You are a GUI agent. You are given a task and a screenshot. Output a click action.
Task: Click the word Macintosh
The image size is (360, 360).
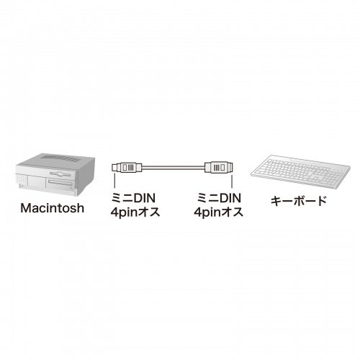pyautogui.click(x=53, y=208)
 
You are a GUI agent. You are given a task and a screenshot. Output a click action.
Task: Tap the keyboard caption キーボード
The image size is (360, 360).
pyautogui.click(x=299, y=201)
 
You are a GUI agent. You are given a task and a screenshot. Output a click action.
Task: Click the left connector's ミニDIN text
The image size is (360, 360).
pyautogui.click(x=133, y=198)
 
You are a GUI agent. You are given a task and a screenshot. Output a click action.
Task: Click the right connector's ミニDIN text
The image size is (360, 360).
pyautogui.click(x=219, y=198)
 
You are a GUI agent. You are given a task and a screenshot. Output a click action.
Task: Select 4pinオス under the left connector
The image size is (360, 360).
pyautogui.click(x=135, y=212)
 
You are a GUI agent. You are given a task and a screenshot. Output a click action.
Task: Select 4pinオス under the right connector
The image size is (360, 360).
pyautogui.click(x=218, y=212)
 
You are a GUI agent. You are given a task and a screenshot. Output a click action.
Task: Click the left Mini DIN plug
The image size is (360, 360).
pyautogui.click(x=127, y=167)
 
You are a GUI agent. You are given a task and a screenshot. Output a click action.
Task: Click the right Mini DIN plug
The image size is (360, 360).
pyautogui.click(x=219, y=167)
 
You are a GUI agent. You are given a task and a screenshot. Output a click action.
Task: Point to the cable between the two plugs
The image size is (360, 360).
pyautogui.click(x=174, y=167)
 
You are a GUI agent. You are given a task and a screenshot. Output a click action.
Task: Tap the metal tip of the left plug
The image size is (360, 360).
pyautogui.click(x=115, y=167)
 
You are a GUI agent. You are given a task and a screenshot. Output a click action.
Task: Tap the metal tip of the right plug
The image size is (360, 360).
pyautogui.click(x=230, y=167)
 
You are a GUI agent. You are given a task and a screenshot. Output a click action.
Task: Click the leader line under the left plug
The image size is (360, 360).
pyautogui.click(x=114, y=181)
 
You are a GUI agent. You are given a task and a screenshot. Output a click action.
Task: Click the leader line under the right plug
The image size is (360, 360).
pyautogui.click(x=232, y=181)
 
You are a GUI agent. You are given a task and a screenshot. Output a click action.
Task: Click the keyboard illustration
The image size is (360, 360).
pyautogui.click(x=300, y=171)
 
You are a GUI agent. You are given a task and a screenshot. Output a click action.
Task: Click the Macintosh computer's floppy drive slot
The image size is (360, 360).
pyautogui.click(x=60, y=174)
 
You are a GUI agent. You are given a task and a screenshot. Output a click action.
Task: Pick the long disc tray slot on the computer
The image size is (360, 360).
pyautogui.click(x=60, y=184)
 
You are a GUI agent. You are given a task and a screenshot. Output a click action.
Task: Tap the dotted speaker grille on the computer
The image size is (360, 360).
pyautogui.click(x=22, y=179)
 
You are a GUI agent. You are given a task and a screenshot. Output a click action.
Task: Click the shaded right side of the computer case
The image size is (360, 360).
pyautogui.click(x=85, y=175)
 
